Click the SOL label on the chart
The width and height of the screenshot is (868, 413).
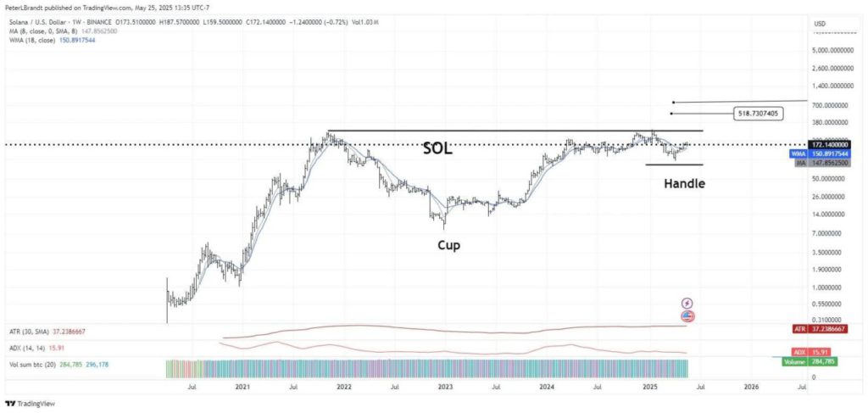click(x=437, y=148)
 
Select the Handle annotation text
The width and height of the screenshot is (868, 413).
click(x=684, y=182)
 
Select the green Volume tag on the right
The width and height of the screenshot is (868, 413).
click(x=793, y=361)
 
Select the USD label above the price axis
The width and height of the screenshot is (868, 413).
click(x=820, y=23)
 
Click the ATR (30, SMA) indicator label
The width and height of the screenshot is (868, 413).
click(x=34, y=332)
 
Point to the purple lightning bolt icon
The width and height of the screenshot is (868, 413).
click(x=687, y=303)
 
